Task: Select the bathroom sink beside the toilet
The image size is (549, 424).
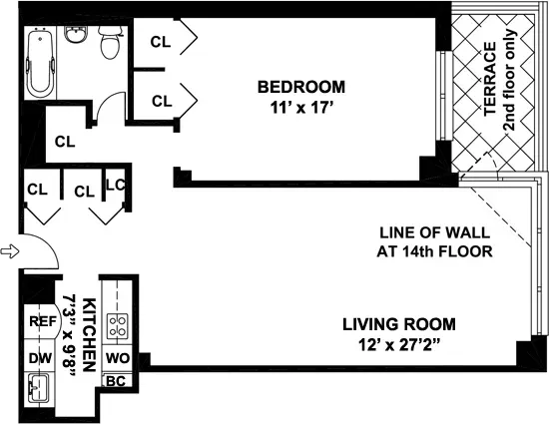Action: tap(76, 36)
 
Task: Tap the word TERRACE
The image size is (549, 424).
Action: tap(490, 80)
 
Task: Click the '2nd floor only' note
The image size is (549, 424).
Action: tap(508, 80)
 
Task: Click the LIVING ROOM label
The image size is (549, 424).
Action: tap(399, 324)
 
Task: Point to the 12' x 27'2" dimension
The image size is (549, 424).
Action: tap(399, 346)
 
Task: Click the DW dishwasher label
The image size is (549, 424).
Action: tap(39, 357)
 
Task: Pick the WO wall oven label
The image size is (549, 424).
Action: tap(116, 357)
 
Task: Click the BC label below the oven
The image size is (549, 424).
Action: tap(116, 380)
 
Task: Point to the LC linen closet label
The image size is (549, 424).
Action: tap(115, 185)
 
